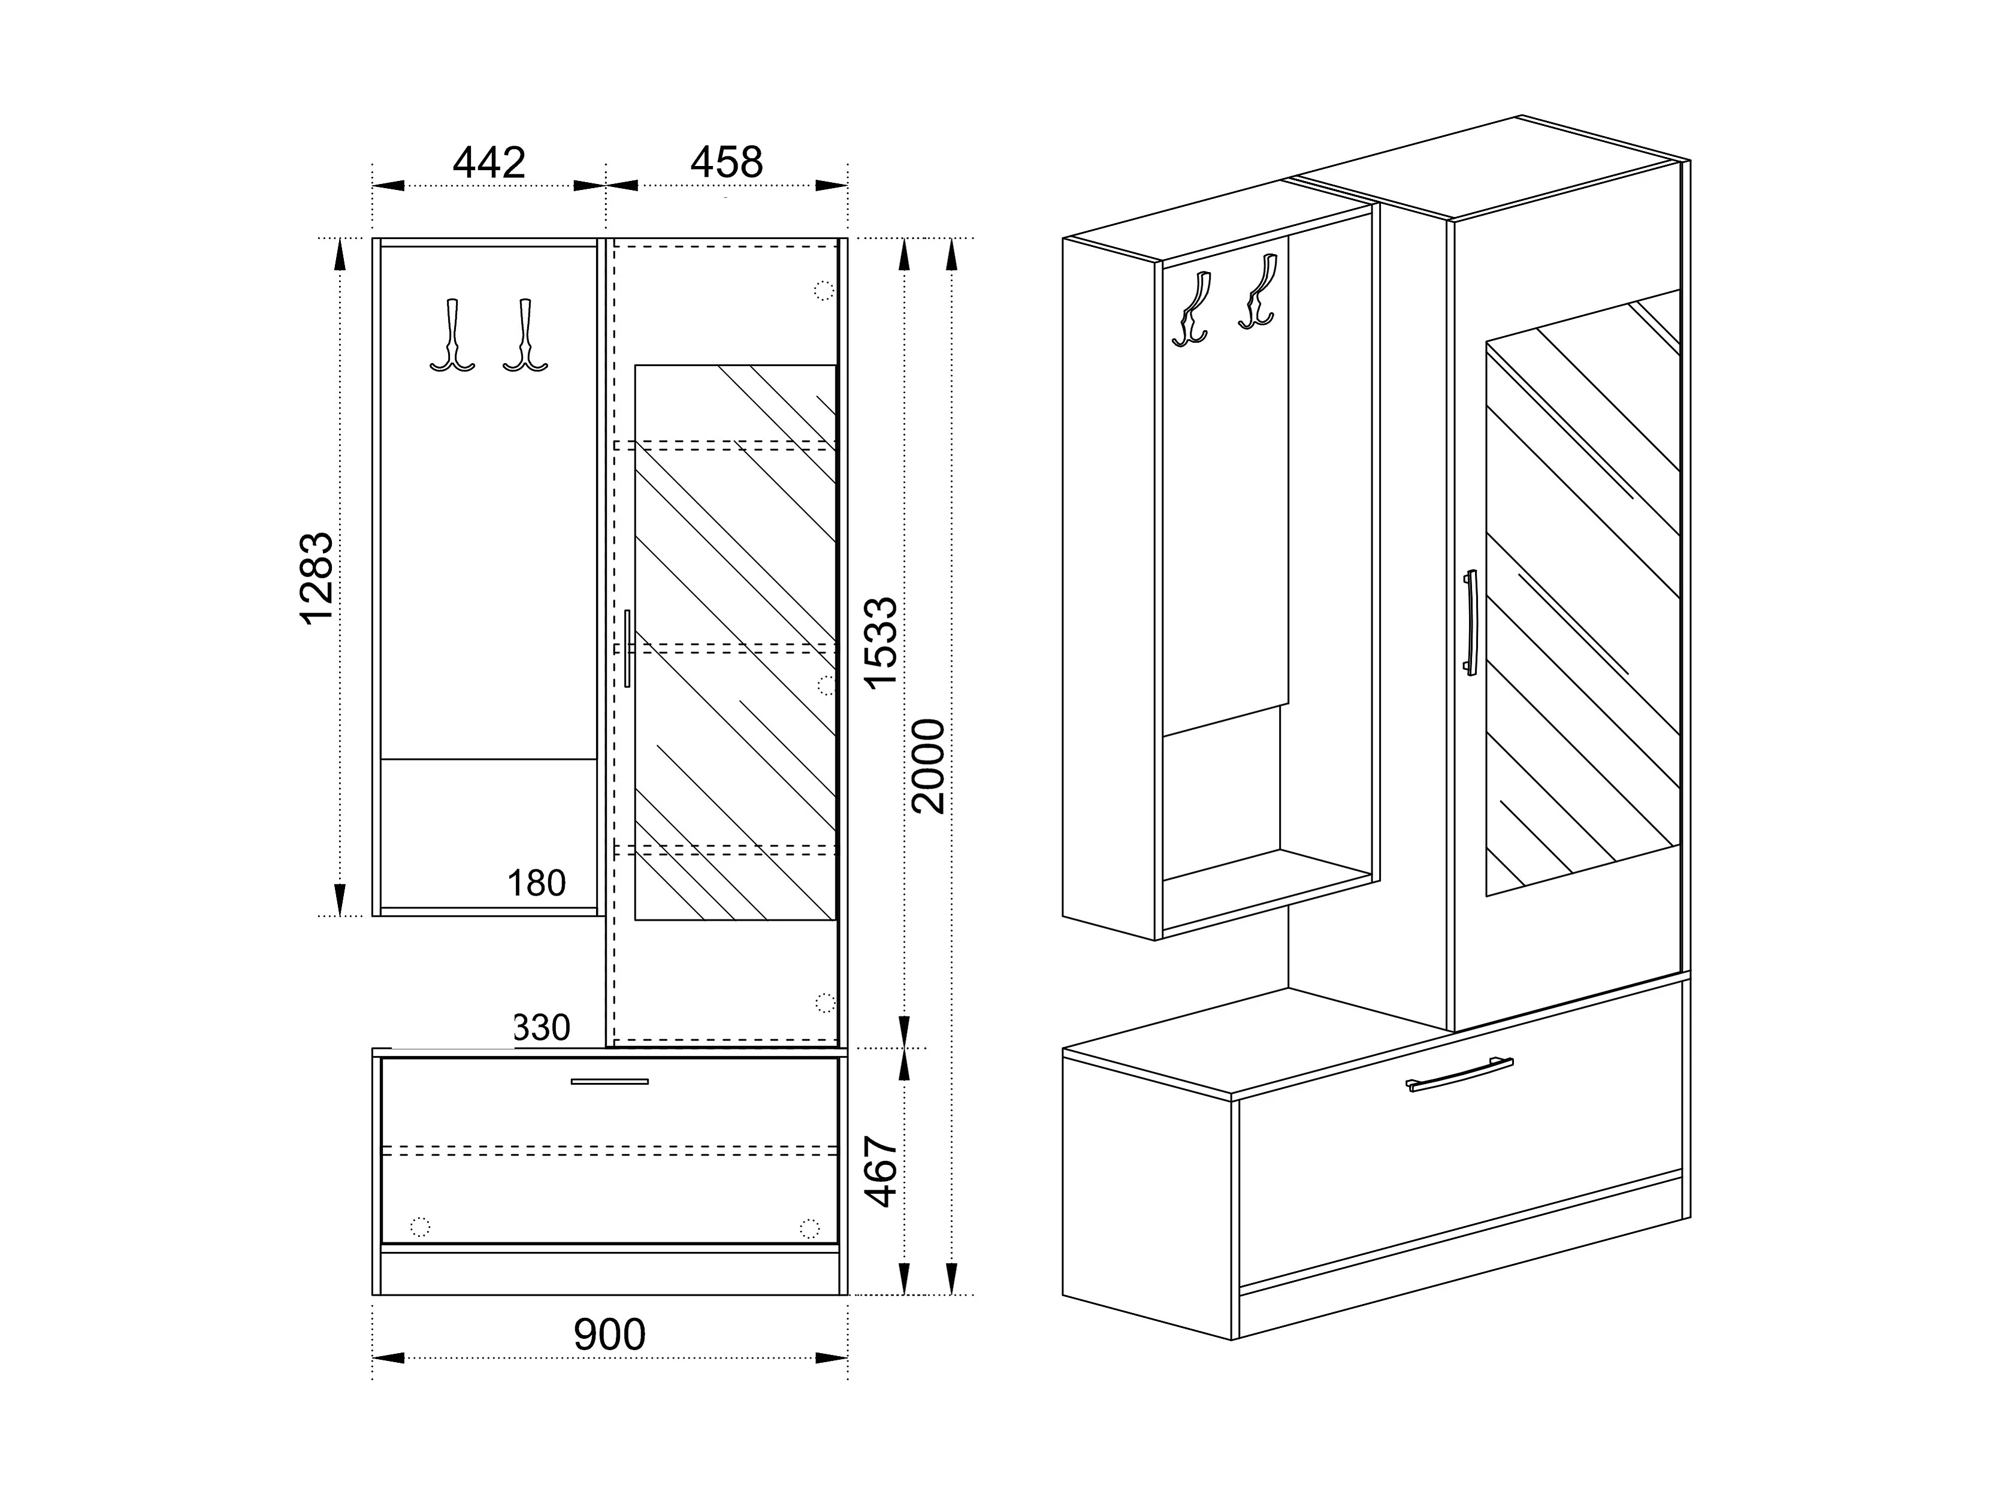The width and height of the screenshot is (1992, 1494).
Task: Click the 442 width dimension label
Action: click(x=488, y=163)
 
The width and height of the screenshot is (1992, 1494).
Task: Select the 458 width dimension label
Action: click(x=726, y=163)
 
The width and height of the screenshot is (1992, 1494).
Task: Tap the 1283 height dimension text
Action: click(x=317, y=578)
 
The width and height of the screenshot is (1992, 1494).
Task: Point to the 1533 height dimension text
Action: click(x=881, y=642)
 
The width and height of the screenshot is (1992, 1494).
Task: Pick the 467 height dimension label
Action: click(x=881, y=1171)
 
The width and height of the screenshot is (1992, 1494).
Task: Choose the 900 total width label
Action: click(x=610, y=1335)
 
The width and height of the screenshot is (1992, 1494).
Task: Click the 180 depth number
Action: click(x=537, y=883)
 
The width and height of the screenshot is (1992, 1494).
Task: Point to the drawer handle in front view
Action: click(x=610, y=1080)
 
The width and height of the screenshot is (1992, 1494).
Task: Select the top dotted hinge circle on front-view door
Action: click(x=823, y=290)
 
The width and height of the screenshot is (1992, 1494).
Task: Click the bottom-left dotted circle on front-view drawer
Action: click(x=419, y=1227)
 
